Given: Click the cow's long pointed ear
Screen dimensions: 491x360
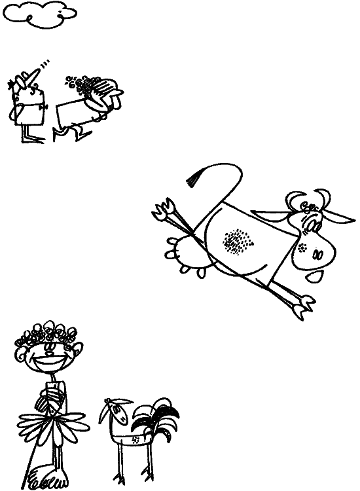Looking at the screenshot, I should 340,216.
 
